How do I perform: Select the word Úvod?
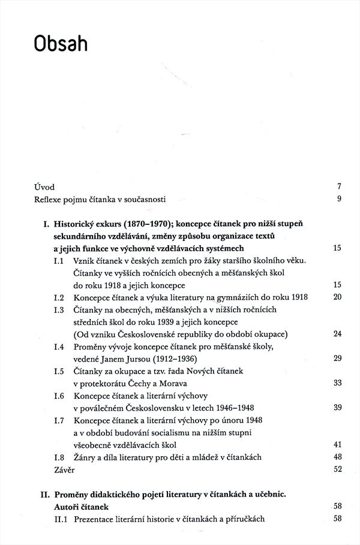44,187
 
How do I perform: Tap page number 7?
338,187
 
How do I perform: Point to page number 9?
338,199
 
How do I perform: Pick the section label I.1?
59,261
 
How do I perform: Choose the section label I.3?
59,309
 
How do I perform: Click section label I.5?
59,372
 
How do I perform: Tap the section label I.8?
59,457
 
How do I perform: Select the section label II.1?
61,519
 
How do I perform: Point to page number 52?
337,469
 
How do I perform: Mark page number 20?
337,297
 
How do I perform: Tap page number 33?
337,384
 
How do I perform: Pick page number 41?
337,444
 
